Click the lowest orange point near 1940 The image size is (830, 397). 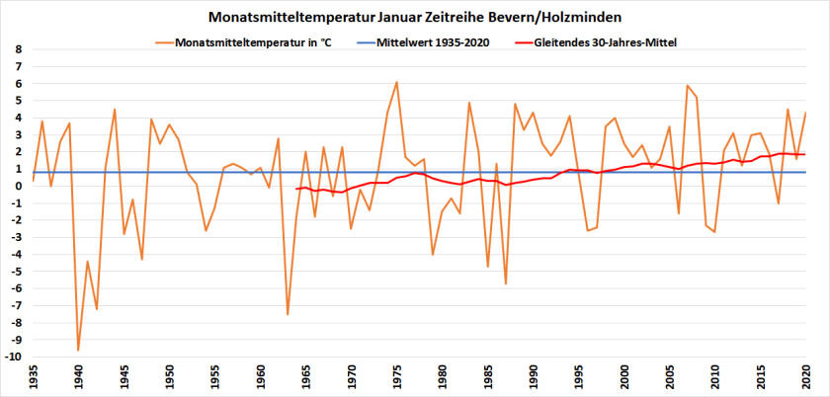click(x=78, y=350)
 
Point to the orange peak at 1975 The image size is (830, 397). click(x=396, y=82)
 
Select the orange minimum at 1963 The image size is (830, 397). click(x=288, y=314)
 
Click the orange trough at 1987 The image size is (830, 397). click(x=506, y=283)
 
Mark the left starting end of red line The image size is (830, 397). click(x=296, y=188)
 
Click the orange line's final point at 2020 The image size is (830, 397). click(x=806, y=113)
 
